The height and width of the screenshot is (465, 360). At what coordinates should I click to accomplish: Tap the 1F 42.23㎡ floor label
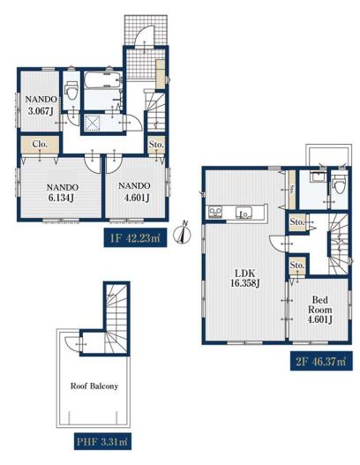tap(135, 238)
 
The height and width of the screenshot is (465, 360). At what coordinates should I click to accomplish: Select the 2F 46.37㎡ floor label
tap(321, 361)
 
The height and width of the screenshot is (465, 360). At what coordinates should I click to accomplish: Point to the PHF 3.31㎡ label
tap(102, 441)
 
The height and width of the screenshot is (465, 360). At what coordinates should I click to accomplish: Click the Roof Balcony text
tap(94, 386)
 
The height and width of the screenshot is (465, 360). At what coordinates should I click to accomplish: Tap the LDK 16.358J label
tap(245, 278)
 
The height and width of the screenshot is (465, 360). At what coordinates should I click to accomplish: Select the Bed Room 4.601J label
tap(319, 310)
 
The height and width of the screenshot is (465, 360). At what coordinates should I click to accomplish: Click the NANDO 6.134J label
tap(63, 192)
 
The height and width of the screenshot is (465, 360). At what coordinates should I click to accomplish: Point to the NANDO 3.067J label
tap(41, 105)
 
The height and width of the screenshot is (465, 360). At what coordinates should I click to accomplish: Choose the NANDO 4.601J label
tap(134, 191)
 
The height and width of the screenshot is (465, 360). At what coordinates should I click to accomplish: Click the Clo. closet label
tap(40, 144)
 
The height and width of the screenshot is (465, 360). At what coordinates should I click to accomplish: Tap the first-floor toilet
tap(71, 91)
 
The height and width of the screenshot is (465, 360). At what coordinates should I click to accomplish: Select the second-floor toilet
tap(339, 184)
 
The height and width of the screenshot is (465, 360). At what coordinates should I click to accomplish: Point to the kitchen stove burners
tap(215, 212)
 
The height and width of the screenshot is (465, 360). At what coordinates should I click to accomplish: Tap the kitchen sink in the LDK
tap(244, 213)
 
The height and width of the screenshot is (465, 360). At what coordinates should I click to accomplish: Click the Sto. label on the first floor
tap(156, 145)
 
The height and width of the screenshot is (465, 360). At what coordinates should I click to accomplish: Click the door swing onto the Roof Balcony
tap(72, 344)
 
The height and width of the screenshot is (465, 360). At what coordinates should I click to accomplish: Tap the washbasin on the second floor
tap(318, 177)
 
